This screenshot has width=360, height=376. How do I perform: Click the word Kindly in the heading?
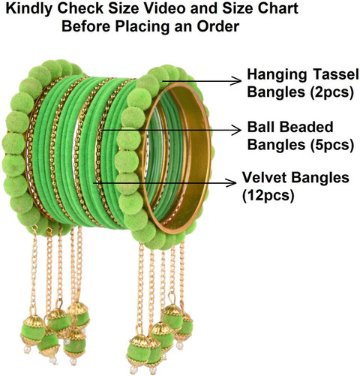(x=28, y=9)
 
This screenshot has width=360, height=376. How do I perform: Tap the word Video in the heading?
(x=163, y=8)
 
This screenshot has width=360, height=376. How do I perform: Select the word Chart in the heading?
(x=278, y=8)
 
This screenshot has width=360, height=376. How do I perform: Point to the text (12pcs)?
(x=268, y=196)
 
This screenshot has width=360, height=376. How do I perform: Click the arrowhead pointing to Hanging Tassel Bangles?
(x=237, y=80)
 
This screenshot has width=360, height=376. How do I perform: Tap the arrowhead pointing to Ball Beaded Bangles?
(x=236, y=130)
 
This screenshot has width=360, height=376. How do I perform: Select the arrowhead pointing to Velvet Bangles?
(x=232, y=182)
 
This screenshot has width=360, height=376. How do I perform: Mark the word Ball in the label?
(x=262, y=127)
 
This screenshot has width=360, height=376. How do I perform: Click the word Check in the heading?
(x=79, y=8)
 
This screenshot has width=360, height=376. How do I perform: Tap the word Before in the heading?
(x=86, y=26)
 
